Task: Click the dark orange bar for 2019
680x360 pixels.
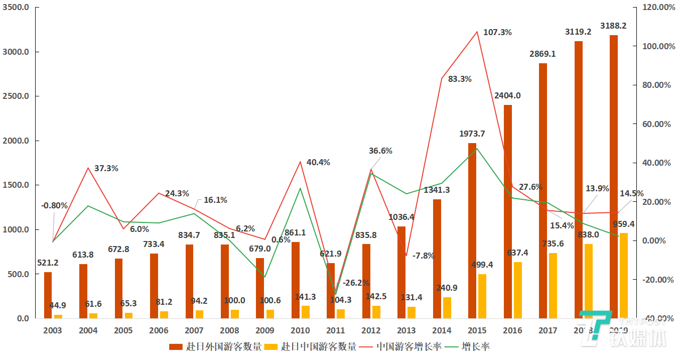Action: click(614, 176)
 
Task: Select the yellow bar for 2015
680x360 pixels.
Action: click(482, 296)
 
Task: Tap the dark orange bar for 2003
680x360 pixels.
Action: click(48, 295)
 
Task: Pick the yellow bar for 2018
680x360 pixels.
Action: click(588, 281)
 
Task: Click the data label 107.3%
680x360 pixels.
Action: click(497, 33)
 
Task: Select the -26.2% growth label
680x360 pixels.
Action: click(356, 283)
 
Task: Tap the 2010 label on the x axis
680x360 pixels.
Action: click(300, 331)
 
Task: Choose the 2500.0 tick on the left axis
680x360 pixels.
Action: click(18, 96)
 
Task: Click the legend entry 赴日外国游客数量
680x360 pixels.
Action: click(216, 347)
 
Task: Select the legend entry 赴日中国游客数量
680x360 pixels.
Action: click(311, 347)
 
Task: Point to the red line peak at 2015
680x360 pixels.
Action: click(477, 32)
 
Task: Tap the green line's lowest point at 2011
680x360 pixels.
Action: click(335, 294)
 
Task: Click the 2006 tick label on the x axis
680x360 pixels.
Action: click(159, 331)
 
